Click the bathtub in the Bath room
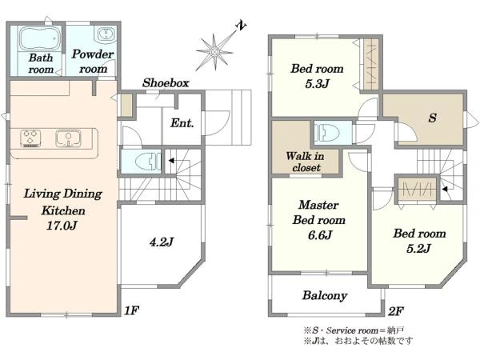tap(39, 38)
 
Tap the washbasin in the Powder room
tap(106, 34)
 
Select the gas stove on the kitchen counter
tap(30, 138)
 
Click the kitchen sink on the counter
tap(68, 138)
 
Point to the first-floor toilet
tap(148, 161)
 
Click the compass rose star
tap(214, 52)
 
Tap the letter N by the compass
tap(242, 26)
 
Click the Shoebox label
tap(166, 82)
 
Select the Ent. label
tap(182, 123)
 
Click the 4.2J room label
tap(162, 242)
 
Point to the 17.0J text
tap(62, 226)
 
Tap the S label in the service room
tap(432, 118)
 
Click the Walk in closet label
tap(306, 162)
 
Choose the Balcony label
tap(325, 295)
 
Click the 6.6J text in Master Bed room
tap(320, 235)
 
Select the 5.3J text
tap(317, 83)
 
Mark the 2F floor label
tap(395, 311)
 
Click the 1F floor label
tap(132, 310)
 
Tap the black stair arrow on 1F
tap(171, 161)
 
